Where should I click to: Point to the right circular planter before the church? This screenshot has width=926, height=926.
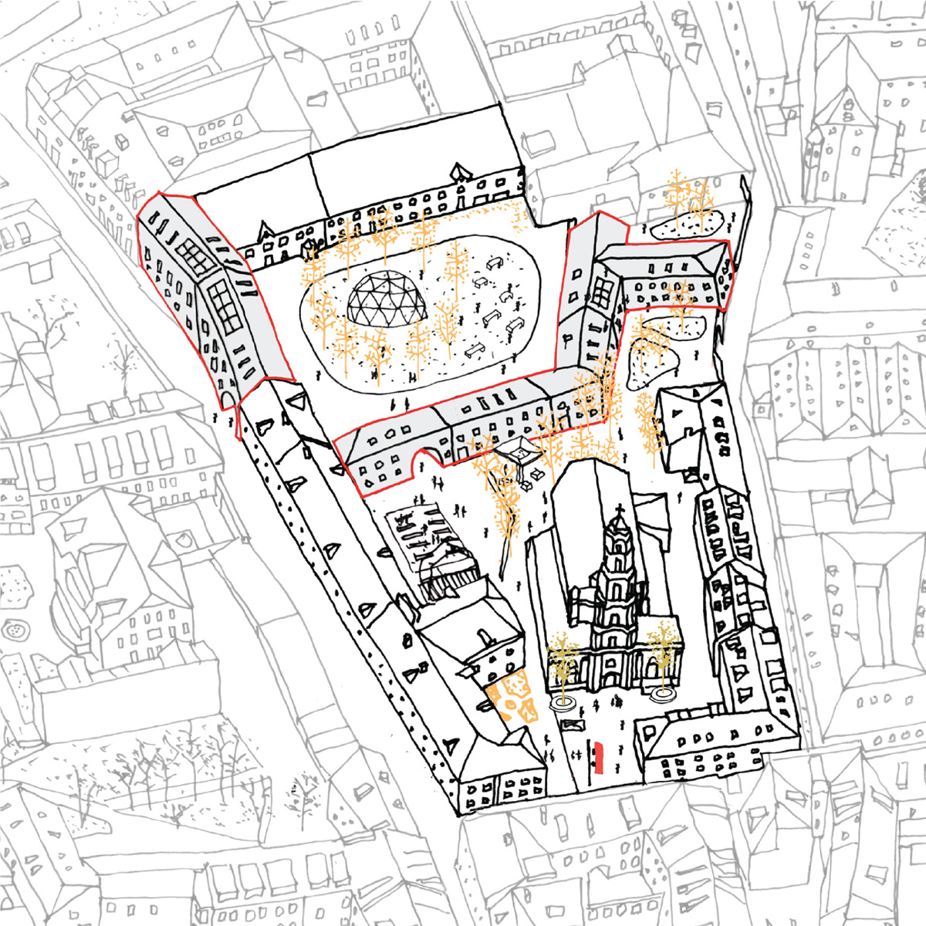click(x=661, y=695)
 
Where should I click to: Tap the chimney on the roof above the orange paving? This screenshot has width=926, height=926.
click(x=486, y=638)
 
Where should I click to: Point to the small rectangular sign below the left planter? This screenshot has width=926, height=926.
click(x=570, y=725)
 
